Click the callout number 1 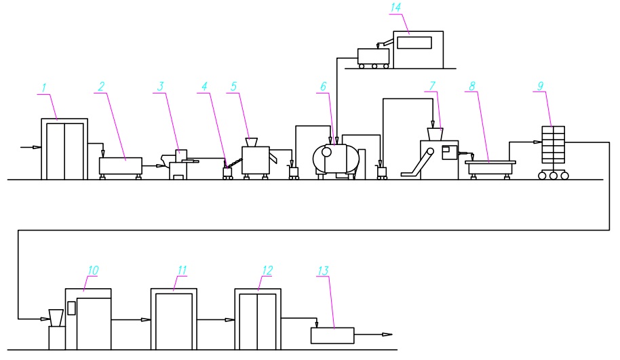[44, 87]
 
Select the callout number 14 [395, 7]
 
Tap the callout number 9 [541, 85]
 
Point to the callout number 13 [323, 271]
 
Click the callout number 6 [324, 87]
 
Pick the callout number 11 [182, 271]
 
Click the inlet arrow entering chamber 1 [31, 147]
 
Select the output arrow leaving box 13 [373, 335]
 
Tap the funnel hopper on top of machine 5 [251, 142]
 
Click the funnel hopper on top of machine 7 [435, 134]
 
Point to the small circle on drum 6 [327, 152]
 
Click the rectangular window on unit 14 [414, 43]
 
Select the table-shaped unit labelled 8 [490, 168]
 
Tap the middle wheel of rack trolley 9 [553, 175]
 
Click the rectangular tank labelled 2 [120, 166]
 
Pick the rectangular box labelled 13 [332, 336]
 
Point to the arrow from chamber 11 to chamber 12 [216, 320]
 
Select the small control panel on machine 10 [71, 308]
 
